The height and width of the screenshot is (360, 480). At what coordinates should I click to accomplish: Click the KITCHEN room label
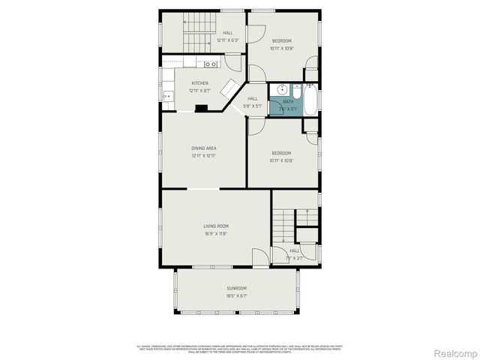tap(200, 83)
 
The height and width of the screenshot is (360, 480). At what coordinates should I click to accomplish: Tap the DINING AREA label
tap(204, 148)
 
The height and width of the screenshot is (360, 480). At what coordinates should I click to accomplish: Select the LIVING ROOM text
tap(216, 226)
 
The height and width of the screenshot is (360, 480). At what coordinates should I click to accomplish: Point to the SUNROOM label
tap(237, 288)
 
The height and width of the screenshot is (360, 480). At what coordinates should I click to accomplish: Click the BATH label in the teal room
tap(289, 102)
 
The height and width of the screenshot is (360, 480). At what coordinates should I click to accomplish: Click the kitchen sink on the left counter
tap(167, 95)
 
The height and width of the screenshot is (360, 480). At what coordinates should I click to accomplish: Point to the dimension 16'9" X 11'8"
tap(216, 233)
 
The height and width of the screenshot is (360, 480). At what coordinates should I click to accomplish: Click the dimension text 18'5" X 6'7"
tap(237, 295)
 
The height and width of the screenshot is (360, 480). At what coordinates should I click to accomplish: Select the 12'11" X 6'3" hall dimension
tap(227, 40)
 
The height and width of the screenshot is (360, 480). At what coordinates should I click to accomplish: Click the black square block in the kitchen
tap(202, 108)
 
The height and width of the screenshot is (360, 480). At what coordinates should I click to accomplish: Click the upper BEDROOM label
tap(281, 40)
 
